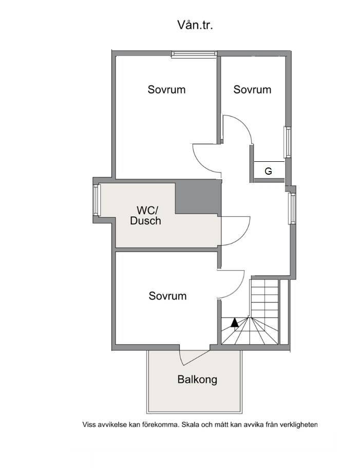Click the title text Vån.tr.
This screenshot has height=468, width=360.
(x=195, y=25)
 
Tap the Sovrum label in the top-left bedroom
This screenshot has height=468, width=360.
(x=166, y=89)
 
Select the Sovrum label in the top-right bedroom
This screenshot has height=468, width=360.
(x=252, y=89)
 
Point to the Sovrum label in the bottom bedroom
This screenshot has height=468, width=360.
(x=167, y=296)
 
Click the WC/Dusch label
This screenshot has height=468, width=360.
(x=145, y=215)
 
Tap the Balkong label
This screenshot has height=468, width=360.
(x=197, y=379)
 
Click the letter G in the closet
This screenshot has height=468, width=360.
(x=268, y=171)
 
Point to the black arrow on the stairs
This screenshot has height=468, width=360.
(x=235, y=322)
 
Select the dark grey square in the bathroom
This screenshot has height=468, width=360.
(x=198, y=197)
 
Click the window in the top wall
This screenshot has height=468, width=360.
(x=194, y=54)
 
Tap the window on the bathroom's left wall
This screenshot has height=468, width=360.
(x=96, y=200)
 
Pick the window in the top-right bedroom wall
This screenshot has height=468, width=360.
(x=287, y=142)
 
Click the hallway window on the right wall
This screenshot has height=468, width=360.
(x=292, y=209)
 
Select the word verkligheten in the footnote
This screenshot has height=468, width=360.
(x=298, y=425)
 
